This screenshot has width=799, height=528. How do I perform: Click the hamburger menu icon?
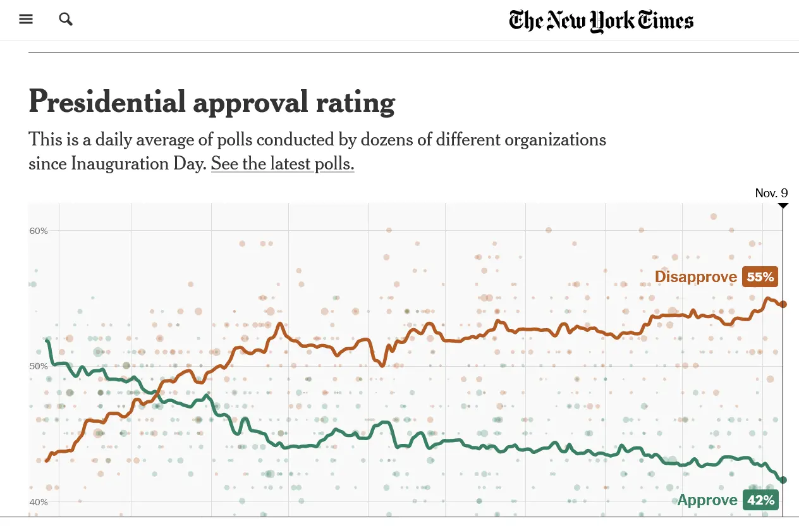click(26, 19)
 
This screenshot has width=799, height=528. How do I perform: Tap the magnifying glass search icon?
click(66, 19)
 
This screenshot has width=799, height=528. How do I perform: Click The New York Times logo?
click(601, 21)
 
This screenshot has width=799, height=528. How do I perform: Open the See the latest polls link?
click(283, 164)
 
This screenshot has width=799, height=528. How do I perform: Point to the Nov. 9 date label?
click(771, 193)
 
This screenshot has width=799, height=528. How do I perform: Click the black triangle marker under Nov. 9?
click(783, 206)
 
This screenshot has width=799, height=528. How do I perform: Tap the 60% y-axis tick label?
click(39, 231)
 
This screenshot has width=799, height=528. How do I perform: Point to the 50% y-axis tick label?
click(39, 367)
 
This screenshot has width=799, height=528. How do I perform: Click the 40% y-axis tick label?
click(39, 503)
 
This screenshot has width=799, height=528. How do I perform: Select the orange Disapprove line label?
click(695, 277)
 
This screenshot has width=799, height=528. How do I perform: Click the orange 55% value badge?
click(760, 277)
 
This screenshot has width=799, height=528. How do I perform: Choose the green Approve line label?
click(707, 500)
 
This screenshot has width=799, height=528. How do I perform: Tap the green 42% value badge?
click(760, 500)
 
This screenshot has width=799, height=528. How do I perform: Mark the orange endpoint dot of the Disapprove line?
click(783, 304)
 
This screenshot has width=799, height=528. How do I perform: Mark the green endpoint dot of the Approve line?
click(783, 480)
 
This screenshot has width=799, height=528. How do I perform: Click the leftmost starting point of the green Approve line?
click(47, 341)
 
